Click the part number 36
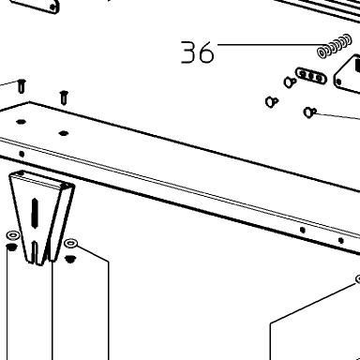tap(198, 52)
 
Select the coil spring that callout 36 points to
tap(334, 46)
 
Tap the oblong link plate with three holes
tap(311, 76)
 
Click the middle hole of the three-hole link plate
tap(311, 76)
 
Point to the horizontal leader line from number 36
tap(273, 44)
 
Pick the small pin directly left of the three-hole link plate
tap(290, 82)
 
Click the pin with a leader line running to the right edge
tap(309, 112)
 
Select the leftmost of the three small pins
tap(272, 101)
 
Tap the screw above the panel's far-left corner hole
tap(22, 86)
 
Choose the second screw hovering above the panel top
tap(64, 97)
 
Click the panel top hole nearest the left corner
tap(21, 122)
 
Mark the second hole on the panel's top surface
tap(64, 133)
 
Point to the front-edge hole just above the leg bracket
tap(22, 154)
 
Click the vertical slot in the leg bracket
tap(35, 213)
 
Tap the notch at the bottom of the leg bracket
tap(36, 251)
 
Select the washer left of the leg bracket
tap(13, 234)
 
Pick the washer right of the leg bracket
tap(70, 243)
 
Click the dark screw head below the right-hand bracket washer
tap(69, 259)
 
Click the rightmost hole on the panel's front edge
tap(341, 241)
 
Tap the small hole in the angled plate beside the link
tap(338, 82)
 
